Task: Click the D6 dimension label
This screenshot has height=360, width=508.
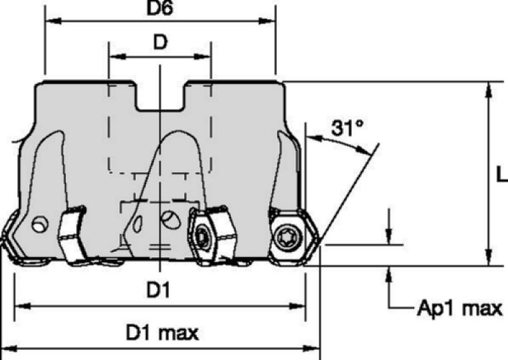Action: pyautogui.click(x=160, y=8)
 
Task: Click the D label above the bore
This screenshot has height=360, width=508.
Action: pyautogui.click(x=160, y=42)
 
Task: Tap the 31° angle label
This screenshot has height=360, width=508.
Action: pyautogui.click(x=347, y=128)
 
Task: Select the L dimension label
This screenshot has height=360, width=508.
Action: pyautogui.click(x=502, y=175)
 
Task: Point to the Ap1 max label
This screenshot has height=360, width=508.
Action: pyautogui.click(x=460, y=307)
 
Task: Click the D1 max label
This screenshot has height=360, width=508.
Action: pyautogui.click(x=162, y=333)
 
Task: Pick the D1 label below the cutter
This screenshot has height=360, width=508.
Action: pyautogui.click(x=158, y=290)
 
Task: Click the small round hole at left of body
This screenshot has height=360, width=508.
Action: pyautogui.click(x=39, y=224)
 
